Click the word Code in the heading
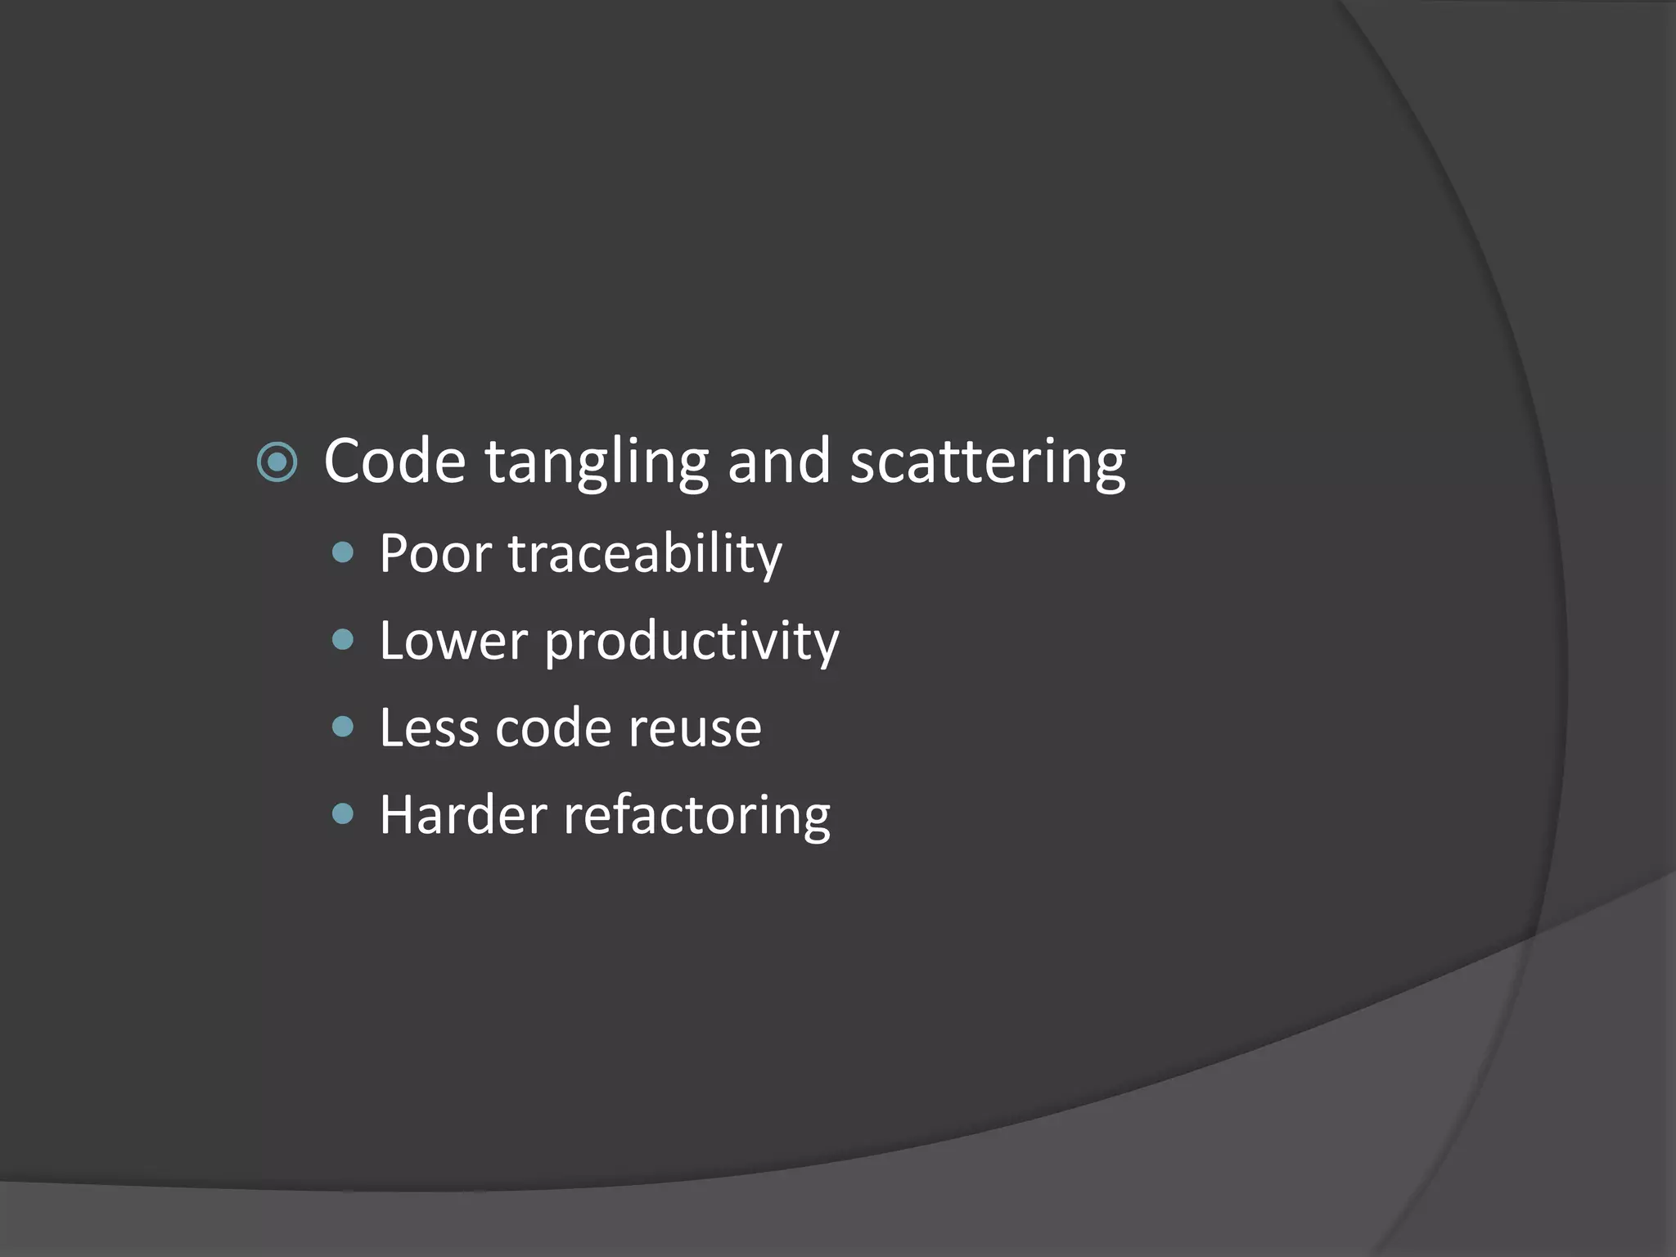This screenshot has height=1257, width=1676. coord(394,462)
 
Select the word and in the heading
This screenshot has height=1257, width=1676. coord(778,462)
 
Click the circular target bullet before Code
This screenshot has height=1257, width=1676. coord(277,462)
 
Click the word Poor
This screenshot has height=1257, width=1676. coord(435,554)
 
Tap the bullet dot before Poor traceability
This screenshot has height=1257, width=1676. coord(344,553)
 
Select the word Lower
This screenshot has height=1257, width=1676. coord(453,642)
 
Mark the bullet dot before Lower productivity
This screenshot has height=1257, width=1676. coord(344,639)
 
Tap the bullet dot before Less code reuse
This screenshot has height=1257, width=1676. coord(344,727)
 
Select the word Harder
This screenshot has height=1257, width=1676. coord(462,815)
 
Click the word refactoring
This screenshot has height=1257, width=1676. coord(696,818)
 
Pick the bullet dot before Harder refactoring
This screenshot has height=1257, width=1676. coord(344,813)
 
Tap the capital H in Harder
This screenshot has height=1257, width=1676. coord(395,815)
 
